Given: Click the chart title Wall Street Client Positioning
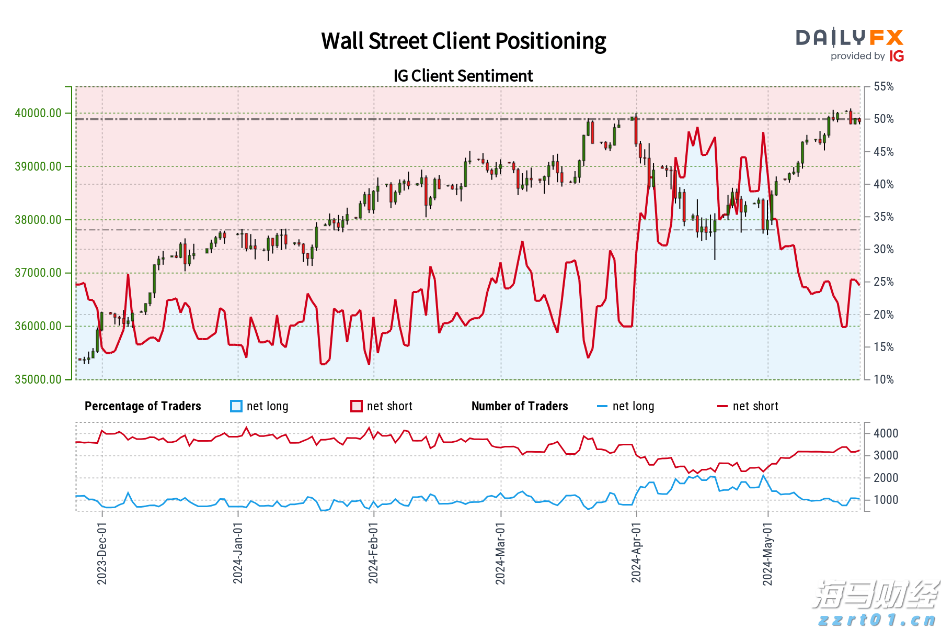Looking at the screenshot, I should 463,41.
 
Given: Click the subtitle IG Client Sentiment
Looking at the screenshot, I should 463,76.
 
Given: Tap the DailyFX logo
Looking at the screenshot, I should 850,38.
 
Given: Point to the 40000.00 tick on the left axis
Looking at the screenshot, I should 38,113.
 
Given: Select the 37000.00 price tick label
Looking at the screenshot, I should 38,273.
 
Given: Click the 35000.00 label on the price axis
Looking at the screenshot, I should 38,379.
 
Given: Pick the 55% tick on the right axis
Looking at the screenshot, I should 884,87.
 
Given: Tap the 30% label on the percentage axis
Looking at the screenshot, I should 884,249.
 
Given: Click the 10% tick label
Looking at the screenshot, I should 884,379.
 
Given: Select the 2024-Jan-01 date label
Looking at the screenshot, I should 238,553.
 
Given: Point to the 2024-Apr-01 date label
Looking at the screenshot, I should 636,553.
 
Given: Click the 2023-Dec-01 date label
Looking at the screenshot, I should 102,553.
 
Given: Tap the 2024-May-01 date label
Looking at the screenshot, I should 767,554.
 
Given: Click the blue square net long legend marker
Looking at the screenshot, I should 236,406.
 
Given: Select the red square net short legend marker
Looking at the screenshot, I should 357,406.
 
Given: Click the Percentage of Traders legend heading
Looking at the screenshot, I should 143,406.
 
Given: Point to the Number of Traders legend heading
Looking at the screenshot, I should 520,406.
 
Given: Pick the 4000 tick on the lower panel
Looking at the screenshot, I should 886,433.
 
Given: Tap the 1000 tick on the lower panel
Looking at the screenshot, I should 886,500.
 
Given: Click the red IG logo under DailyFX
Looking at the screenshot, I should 897,57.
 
